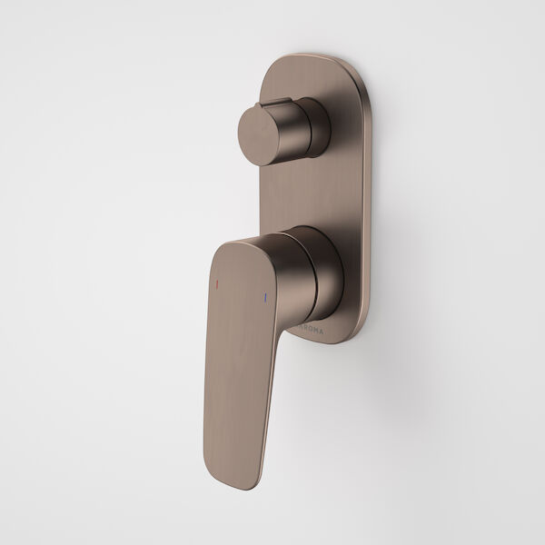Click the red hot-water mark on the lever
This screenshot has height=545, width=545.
coord(216,285)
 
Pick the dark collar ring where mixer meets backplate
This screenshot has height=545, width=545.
coord(333,272)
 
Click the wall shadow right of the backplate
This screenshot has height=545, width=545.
coord(386,227)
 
